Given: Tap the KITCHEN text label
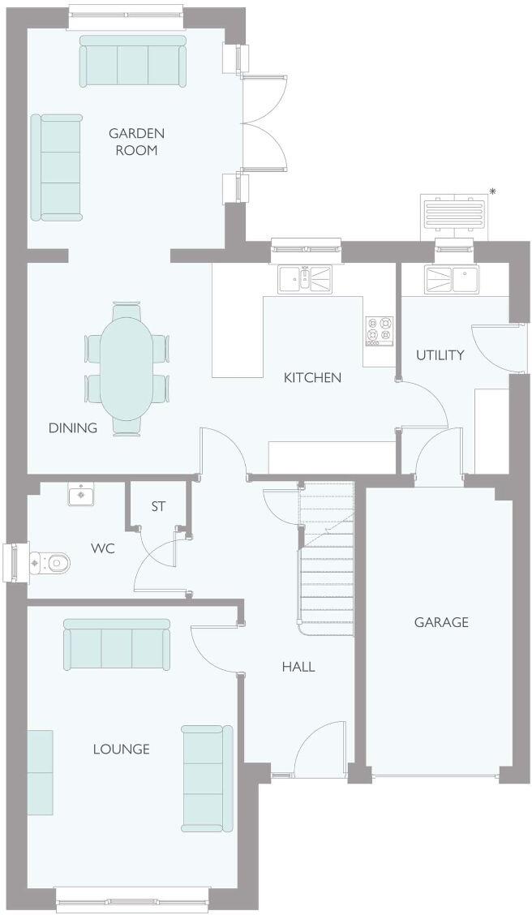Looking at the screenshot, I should pos(312,377).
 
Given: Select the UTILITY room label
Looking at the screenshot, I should pos(440,354).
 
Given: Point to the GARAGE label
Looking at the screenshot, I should pos(441,622).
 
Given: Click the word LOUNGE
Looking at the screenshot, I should pos(121,749).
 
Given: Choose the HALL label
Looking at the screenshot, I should pos(298,667).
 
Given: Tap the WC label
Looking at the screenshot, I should pos(102,549).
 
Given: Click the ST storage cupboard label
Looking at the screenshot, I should pos(158,506).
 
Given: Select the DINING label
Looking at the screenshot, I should pos(73,427).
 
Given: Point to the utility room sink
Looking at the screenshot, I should pos(451,279).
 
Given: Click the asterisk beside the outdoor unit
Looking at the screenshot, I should pos(492,191).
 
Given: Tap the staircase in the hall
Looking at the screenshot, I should pos(327,560).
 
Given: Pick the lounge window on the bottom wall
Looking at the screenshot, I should pos(131,897).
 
